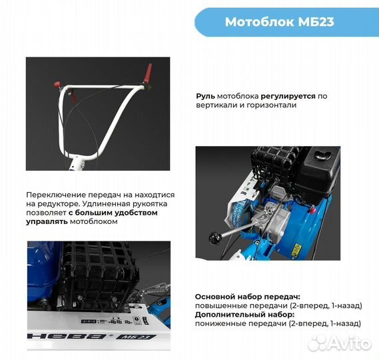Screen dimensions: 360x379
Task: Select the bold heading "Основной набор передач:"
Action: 247,296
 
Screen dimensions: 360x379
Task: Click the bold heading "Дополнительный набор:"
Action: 244,314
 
